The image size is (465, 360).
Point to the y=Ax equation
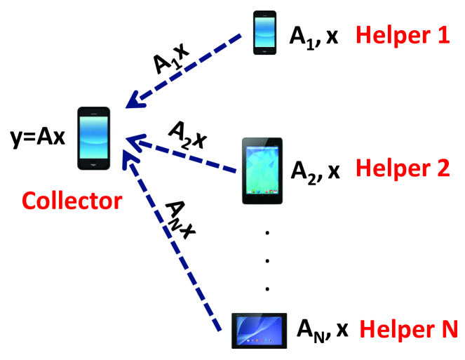pyautogui.click(x=36, y=135)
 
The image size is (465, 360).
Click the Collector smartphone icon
pyautogui.click(x=93, y=139)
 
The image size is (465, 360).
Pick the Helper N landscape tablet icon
pyautogui.click(x=259, y=330)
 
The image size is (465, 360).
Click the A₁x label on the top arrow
pyautogui.click(x=171, y=57)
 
